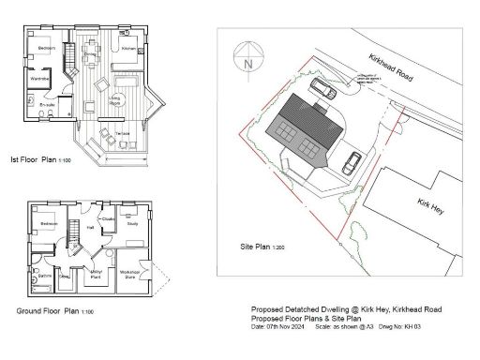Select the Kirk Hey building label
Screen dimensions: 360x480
(x=431, y=205)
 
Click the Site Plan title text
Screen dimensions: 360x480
(x=254, y=248)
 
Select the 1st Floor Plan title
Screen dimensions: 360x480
(x=39, y=160)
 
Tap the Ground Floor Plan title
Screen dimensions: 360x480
(x=54, y=310)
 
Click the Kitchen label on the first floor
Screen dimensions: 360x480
(x=129, y=47)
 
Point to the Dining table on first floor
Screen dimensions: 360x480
(x=91, y=49)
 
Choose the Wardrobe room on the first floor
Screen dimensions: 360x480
(x=39, y=80)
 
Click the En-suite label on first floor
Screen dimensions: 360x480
(x=47, y=104)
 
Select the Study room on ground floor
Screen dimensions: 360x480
(x=132, y=224)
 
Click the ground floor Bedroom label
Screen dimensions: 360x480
(x=49, y=225)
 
